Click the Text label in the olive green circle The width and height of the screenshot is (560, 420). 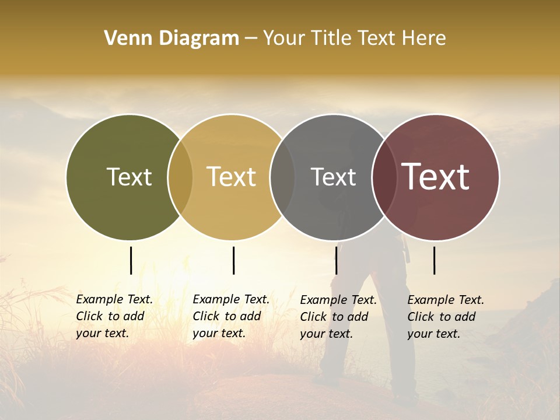pyautogui.click(x=129, y=177)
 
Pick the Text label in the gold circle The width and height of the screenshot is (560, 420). pyautogui.click(x=231, y=177)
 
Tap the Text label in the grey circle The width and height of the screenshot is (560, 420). pyautogui.click(x=333, y=177)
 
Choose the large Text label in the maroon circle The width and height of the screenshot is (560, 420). pyautogui.click(x=435, y=177)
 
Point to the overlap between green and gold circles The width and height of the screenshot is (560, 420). pyautogui.click(x=180, y=177)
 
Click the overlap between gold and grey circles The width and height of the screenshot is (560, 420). pyautogui.click(x=282, y=177)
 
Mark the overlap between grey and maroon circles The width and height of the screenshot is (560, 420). pyautogui.click(x=384, y=177)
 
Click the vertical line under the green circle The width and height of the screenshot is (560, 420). pyautogui.click(x=131, y=260)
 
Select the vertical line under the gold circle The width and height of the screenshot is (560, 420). pyautogui.click(x=233, y=260)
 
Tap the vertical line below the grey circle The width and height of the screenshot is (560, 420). pyautogui.click(x=336, y=260)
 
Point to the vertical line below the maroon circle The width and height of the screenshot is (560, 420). pyautogui.click(x=434, y=260)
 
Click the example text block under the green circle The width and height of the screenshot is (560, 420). pyautogui.click(x=114, y=316)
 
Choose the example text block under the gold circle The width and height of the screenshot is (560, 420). pyautogui.click(x=230, y=316)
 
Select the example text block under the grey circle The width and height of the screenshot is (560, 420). pyautogui.click(x=338, y=317)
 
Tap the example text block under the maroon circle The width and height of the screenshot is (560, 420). pyautogui.click(x=445, y=317)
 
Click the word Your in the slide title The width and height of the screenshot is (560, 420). pyautogui.click(x=284, y=38)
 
